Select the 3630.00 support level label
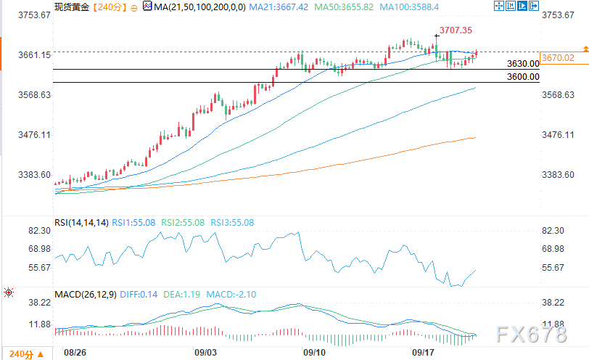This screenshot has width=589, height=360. (523, 64)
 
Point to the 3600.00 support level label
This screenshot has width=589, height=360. (523, 77)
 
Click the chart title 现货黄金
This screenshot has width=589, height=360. (73, 7)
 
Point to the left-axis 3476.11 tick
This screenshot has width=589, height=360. (27, 135)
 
